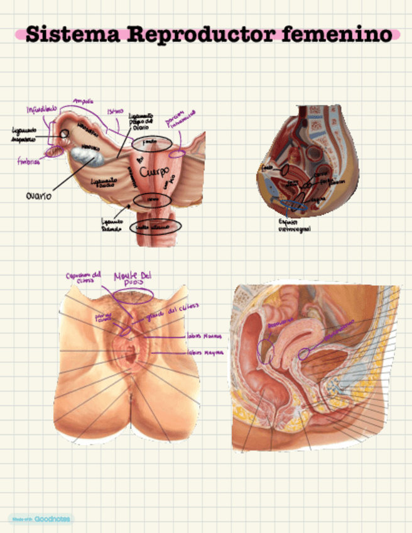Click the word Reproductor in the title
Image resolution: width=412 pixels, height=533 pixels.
pyautogui.click(x=201, y=34)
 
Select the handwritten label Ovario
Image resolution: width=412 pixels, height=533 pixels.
pyautogui.click(x=39, y=195)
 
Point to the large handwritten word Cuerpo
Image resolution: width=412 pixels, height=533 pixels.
pyautogui.click(x=153, y=171)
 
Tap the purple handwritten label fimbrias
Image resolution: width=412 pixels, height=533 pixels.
pyautogui.click(x=29, y=161)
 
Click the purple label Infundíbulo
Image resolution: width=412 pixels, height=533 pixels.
pyautogui.click(x=41, y=109)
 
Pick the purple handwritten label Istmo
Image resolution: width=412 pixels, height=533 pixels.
pyautogui.click(x=115, y=111)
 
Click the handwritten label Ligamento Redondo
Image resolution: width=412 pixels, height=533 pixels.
pyautogui.click(x=114, y=224)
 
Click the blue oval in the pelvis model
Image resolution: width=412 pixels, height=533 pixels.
pyautogui.click(x=293, y=204)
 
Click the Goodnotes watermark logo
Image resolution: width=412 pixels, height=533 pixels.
pyautogui.click(x=40, y=519)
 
